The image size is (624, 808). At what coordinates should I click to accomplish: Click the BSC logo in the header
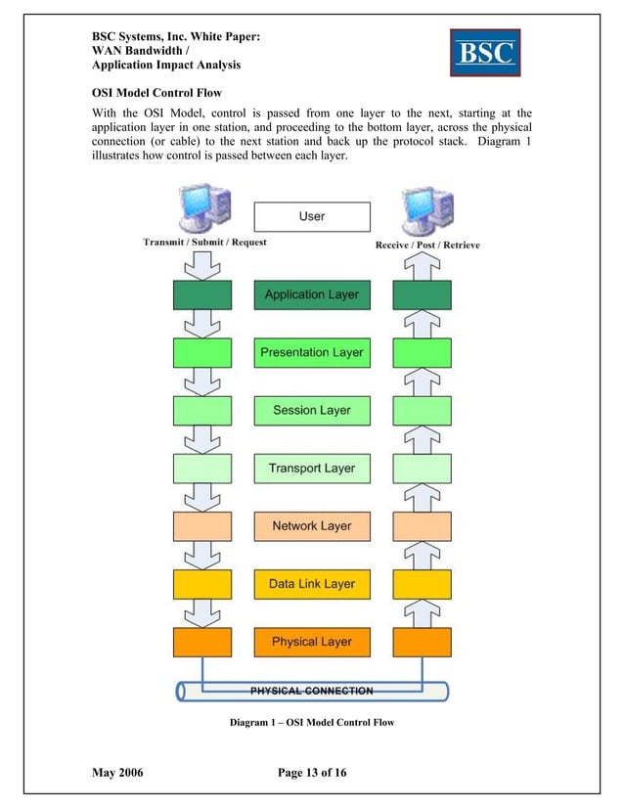(485, 52)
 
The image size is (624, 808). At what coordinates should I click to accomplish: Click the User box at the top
(312, 216)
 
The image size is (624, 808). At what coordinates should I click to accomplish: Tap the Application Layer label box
(312, 294)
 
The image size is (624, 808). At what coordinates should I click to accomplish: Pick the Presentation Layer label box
(312, 352)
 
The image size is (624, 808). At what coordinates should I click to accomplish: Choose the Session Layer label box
(312, 410)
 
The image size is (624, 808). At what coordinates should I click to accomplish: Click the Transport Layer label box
(312, 469)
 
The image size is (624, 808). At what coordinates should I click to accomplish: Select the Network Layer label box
(312, 526)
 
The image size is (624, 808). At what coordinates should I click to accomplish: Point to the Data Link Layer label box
(312, 584)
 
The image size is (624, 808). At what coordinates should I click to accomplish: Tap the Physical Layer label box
(312, 642)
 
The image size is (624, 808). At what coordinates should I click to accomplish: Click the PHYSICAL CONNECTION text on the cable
(312, 691)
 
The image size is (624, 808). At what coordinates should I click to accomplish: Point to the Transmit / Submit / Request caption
(204, 242)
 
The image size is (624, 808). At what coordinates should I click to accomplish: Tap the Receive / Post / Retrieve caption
(427, 245)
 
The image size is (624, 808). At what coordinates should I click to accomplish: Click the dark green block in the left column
(202, 294)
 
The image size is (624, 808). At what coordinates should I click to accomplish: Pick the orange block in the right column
(422, 642)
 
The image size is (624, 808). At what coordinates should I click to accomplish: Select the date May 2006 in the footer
(117, 774)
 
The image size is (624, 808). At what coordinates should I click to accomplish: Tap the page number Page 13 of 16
(312, 774)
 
